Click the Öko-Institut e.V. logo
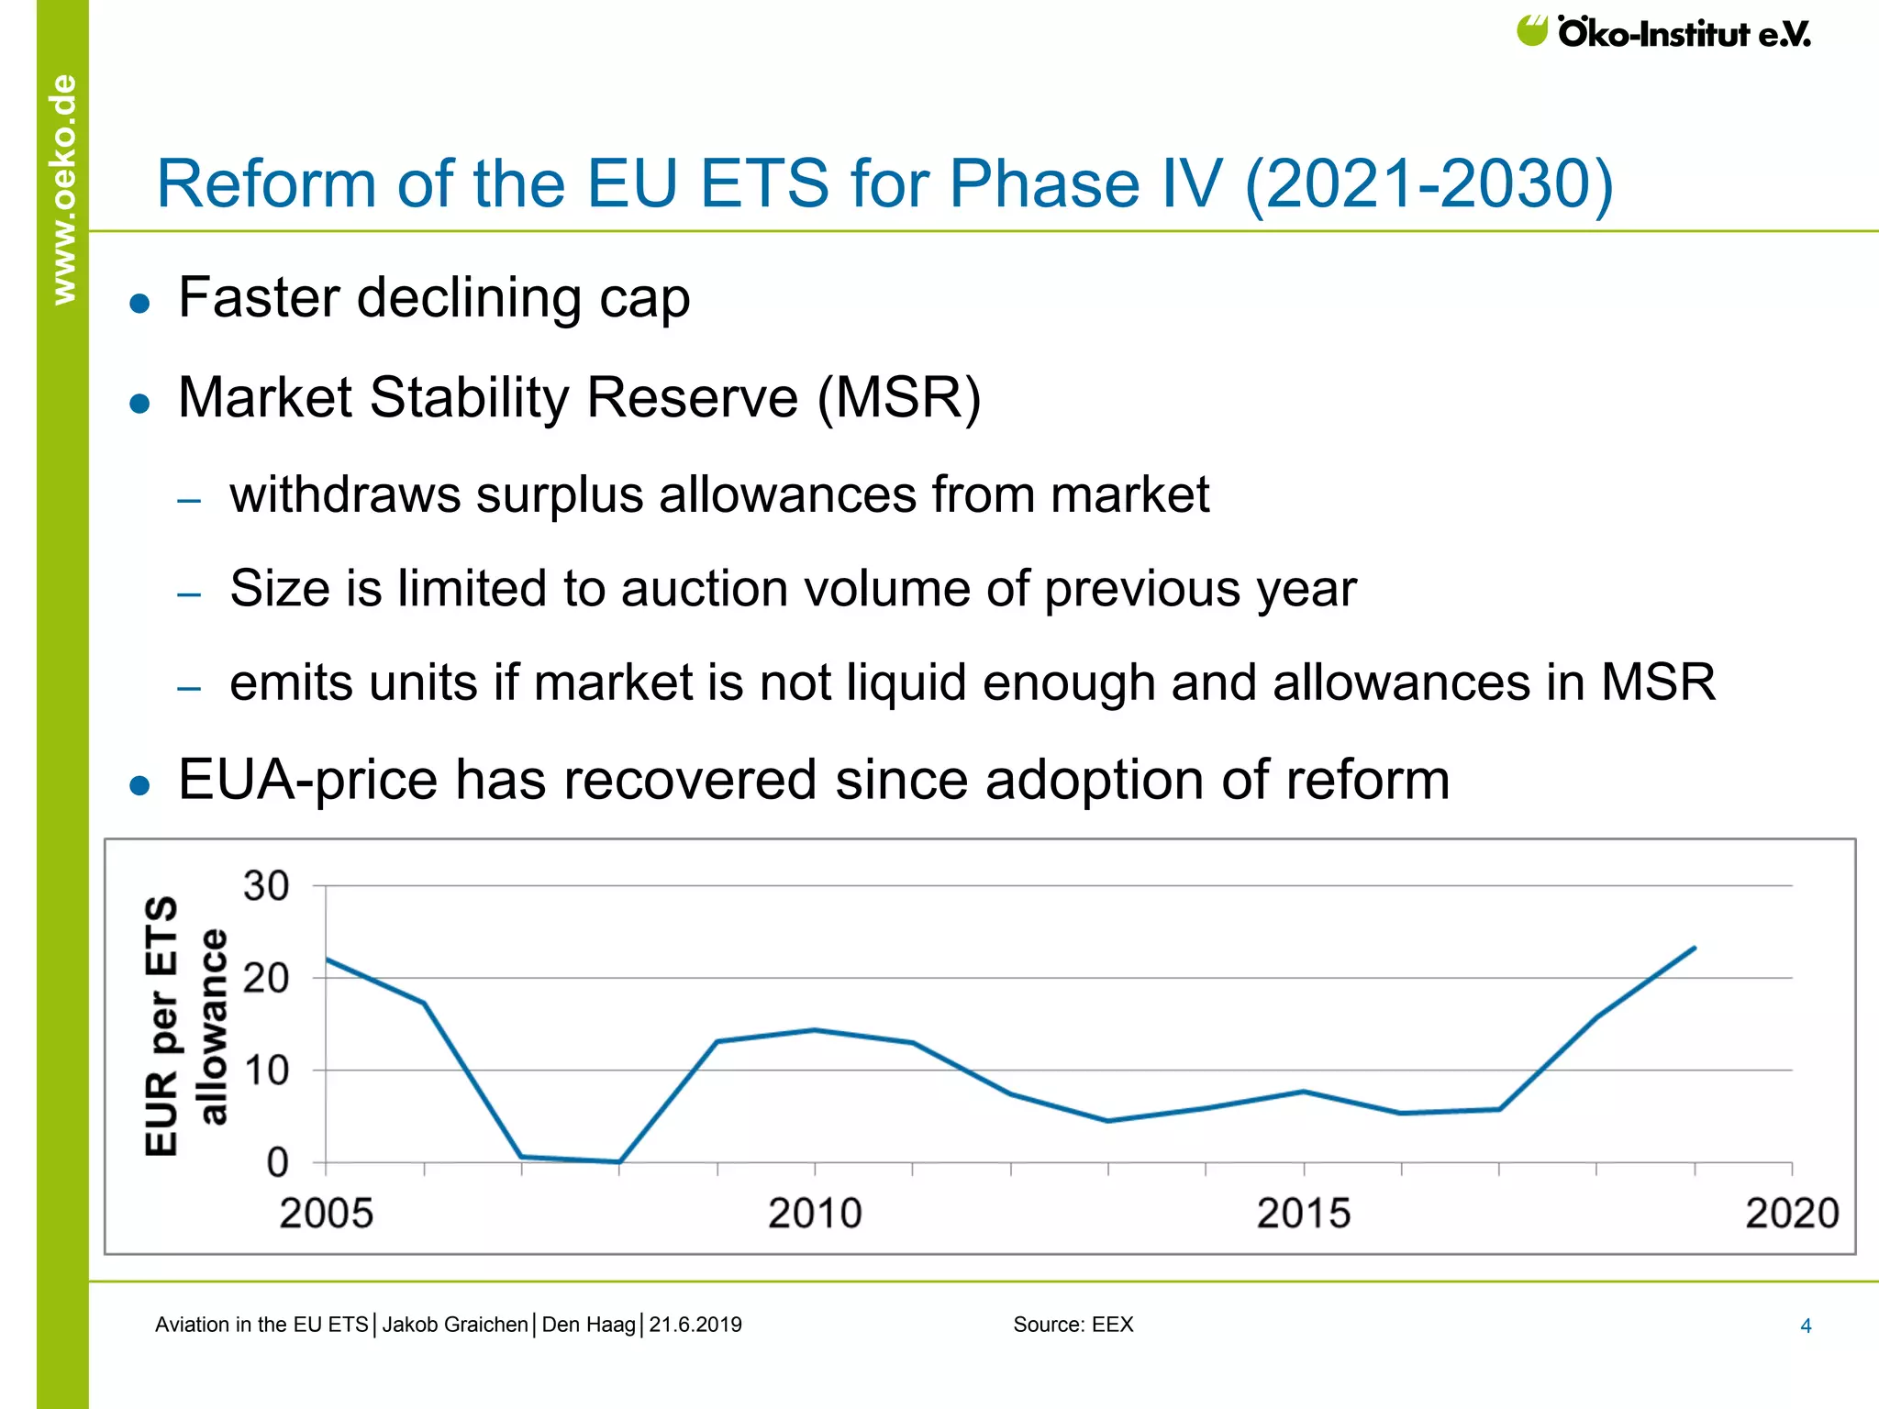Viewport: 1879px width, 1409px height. tap(1662, 33)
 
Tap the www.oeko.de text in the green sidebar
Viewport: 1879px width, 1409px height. tap(63, 189)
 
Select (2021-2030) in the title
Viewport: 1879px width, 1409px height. tap(1429, 185)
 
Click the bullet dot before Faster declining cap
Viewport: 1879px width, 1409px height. tap(139, 304)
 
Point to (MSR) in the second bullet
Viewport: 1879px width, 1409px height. tap(898, 398)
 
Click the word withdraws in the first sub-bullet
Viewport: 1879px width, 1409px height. tap(345, 495)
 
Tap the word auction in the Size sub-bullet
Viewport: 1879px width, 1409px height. tap(704, 589)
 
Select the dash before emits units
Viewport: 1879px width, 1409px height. tap(189, 688)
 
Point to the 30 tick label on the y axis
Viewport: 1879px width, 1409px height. tap(266, 887)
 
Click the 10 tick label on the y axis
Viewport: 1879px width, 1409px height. tap(266, 1071)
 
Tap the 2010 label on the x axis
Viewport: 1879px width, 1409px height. tap(815, 1214)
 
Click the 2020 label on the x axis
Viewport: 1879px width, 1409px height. tap(1791, 1214)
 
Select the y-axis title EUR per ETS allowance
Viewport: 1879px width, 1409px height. tap(184, 1026)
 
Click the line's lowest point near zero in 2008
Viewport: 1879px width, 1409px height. tap(619, 1161)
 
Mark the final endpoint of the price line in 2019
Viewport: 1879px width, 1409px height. tap(1694, 949)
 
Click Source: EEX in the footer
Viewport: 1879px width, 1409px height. tap(1073, 1325)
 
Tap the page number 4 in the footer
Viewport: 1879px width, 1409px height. tap(1806, 1326)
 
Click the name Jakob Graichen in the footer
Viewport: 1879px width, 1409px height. tap(455, 1325)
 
